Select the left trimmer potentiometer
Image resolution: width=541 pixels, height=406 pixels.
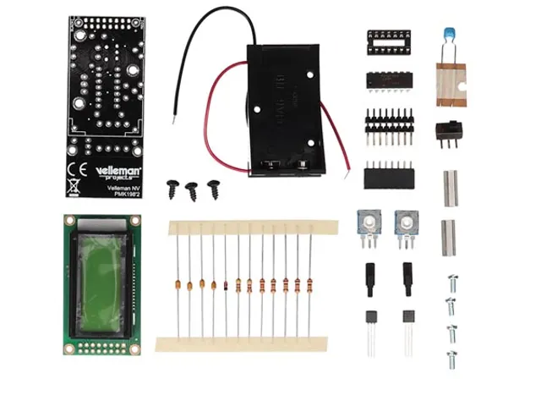(x=369, y=224)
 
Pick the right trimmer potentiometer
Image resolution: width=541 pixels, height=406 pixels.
(x=407, y=224)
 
